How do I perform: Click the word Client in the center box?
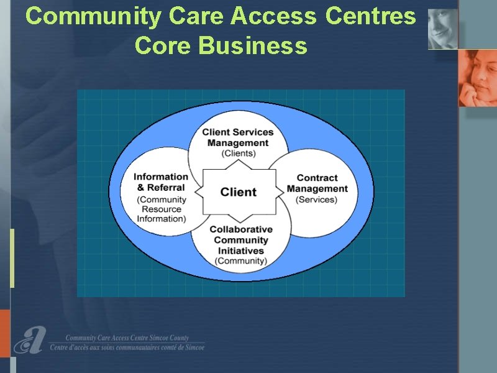238,192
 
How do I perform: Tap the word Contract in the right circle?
317,178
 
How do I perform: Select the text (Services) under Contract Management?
316,200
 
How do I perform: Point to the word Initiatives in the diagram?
240,251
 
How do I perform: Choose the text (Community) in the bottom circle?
241,261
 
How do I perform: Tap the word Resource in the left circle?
162,209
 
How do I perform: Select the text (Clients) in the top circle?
239,154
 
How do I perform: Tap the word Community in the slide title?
94,17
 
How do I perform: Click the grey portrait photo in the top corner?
443,29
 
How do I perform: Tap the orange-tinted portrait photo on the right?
478,78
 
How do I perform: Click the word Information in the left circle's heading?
161,177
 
